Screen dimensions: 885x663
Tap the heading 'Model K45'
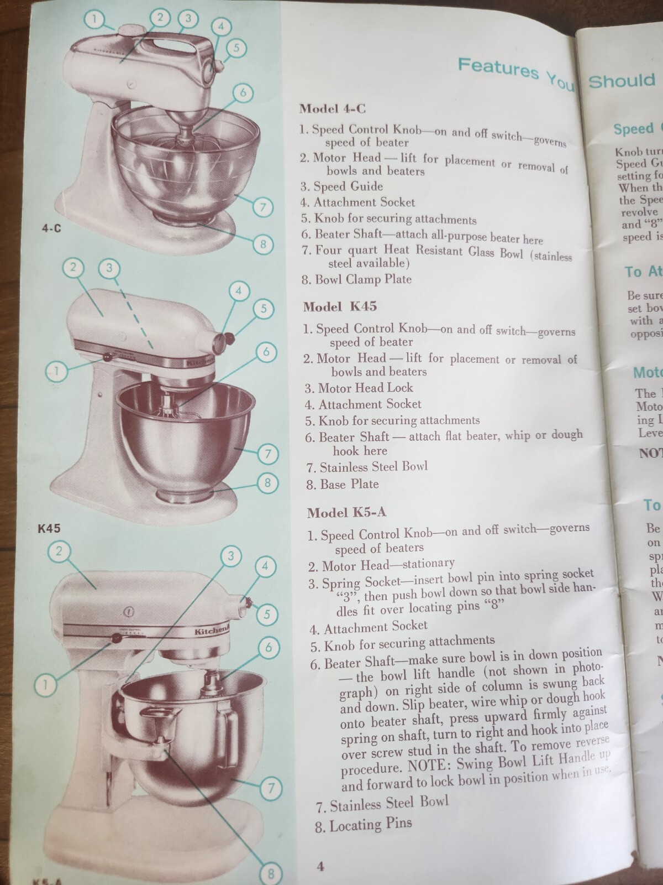pyautogui.click(x=340, y=306)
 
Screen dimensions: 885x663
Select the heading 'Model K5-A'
pyautogui.click(x=346, y=513)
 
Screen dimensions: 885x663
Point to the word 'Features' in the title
pyautogui.click(x=497, y=68)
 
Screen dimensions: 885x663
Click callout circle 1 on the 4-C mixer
pyautogui.click(x=94, y=20)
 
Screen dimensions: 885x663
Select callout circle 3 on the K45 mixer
pyautogui.click(x=109, y=269)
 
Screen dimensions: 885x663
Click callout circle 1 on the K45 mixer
pyautogui.click(x=58, y=370)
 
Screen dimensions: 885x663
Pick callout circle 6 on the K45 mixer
pyautogui.click(x=266, y=352)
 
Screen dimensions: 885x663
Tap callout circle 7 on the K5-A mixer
pyautogui.click(x=271, y=787)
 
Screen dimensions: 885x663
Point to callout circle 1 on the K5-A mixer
pyautogui.click(x=46, y=685)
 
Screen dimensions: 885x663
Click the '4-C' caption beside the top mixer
pyautogui.click(x=51, y=228)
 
